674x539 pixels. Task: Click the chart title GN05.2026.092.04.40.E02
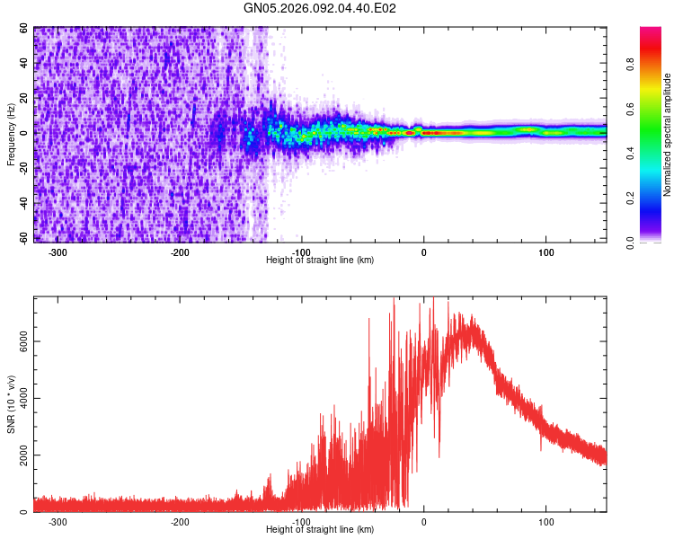321,8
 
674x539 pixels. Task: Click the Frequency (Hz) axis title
11,135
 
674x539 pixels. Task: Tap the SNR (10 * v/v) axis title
11,404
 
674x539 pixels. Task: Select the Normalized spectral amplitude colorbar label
668,135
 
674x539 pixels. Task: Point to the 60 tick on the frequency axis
25,29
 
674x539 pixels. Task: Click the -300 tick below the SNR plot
58,522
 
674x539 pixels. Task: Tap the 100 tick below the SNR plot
545,522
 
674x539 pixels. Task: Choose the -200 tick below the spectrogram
180,252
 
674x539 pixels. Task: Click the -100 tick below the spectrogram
302,252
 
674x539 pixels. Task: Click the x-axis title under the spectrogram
321,261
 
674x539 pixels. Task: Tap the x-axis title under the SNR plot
321,530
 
